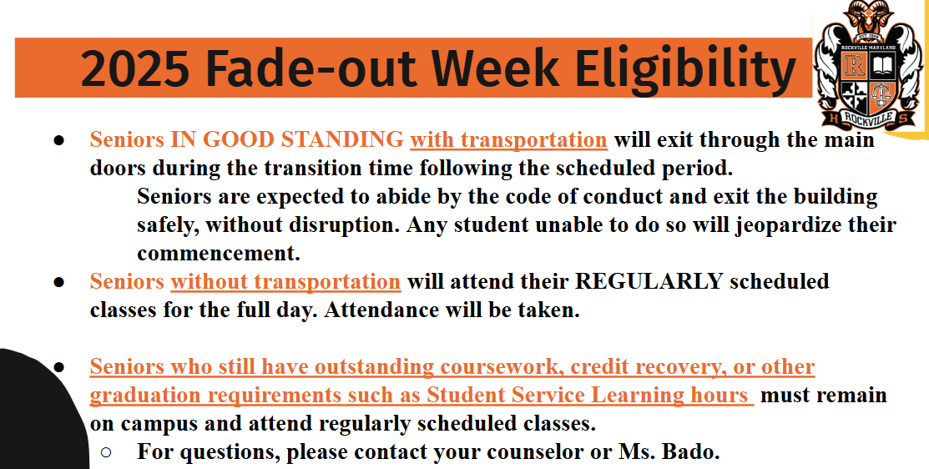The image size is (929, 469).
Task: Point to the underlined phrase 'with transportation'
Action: (x=508, y=140)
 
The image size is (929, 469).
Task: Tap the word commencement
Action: (x=219, y=254)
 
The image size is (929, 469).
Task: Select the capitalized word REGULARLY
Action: (x=649, y=281)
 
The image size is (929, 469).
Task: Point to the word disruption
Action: (x=344, y=225)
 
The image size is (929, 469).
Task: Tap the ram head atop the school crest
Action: (x=868, y=15)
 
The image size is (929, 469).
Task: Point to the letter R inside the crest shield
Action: (x=854, y=65)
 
